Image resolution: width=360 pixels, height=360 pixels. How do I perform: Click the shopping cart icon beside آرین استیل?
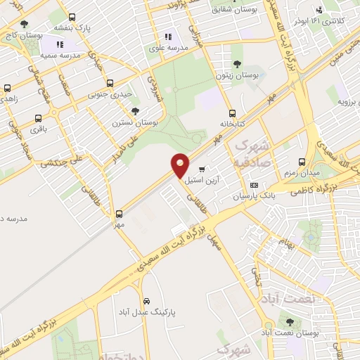tap(202, 169)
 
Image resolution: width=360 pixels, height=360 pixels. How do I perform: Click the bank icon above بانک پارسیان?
tap(254, 186)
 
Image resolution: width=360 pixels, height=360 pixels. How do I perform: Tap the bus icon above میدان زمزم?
tap(302, 162)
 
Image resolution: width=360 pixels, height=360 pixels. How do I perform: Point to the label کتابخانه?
tap(232, 122)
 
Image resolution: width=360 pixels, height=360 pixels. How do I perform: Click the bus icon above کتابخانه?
tap(232, 112)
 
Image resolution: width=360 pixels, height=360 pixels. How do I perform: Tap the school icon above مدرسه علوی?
tap(167, 37)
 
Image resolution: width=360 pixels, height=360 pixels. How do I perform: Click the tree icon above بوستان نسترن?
tap(135, 111)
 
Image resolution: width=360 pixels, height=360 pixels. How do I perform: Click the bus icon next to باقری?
tap(37, 118)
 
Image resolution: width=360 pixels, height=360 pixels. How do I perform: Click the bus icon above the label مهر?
tap(118, 214)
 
